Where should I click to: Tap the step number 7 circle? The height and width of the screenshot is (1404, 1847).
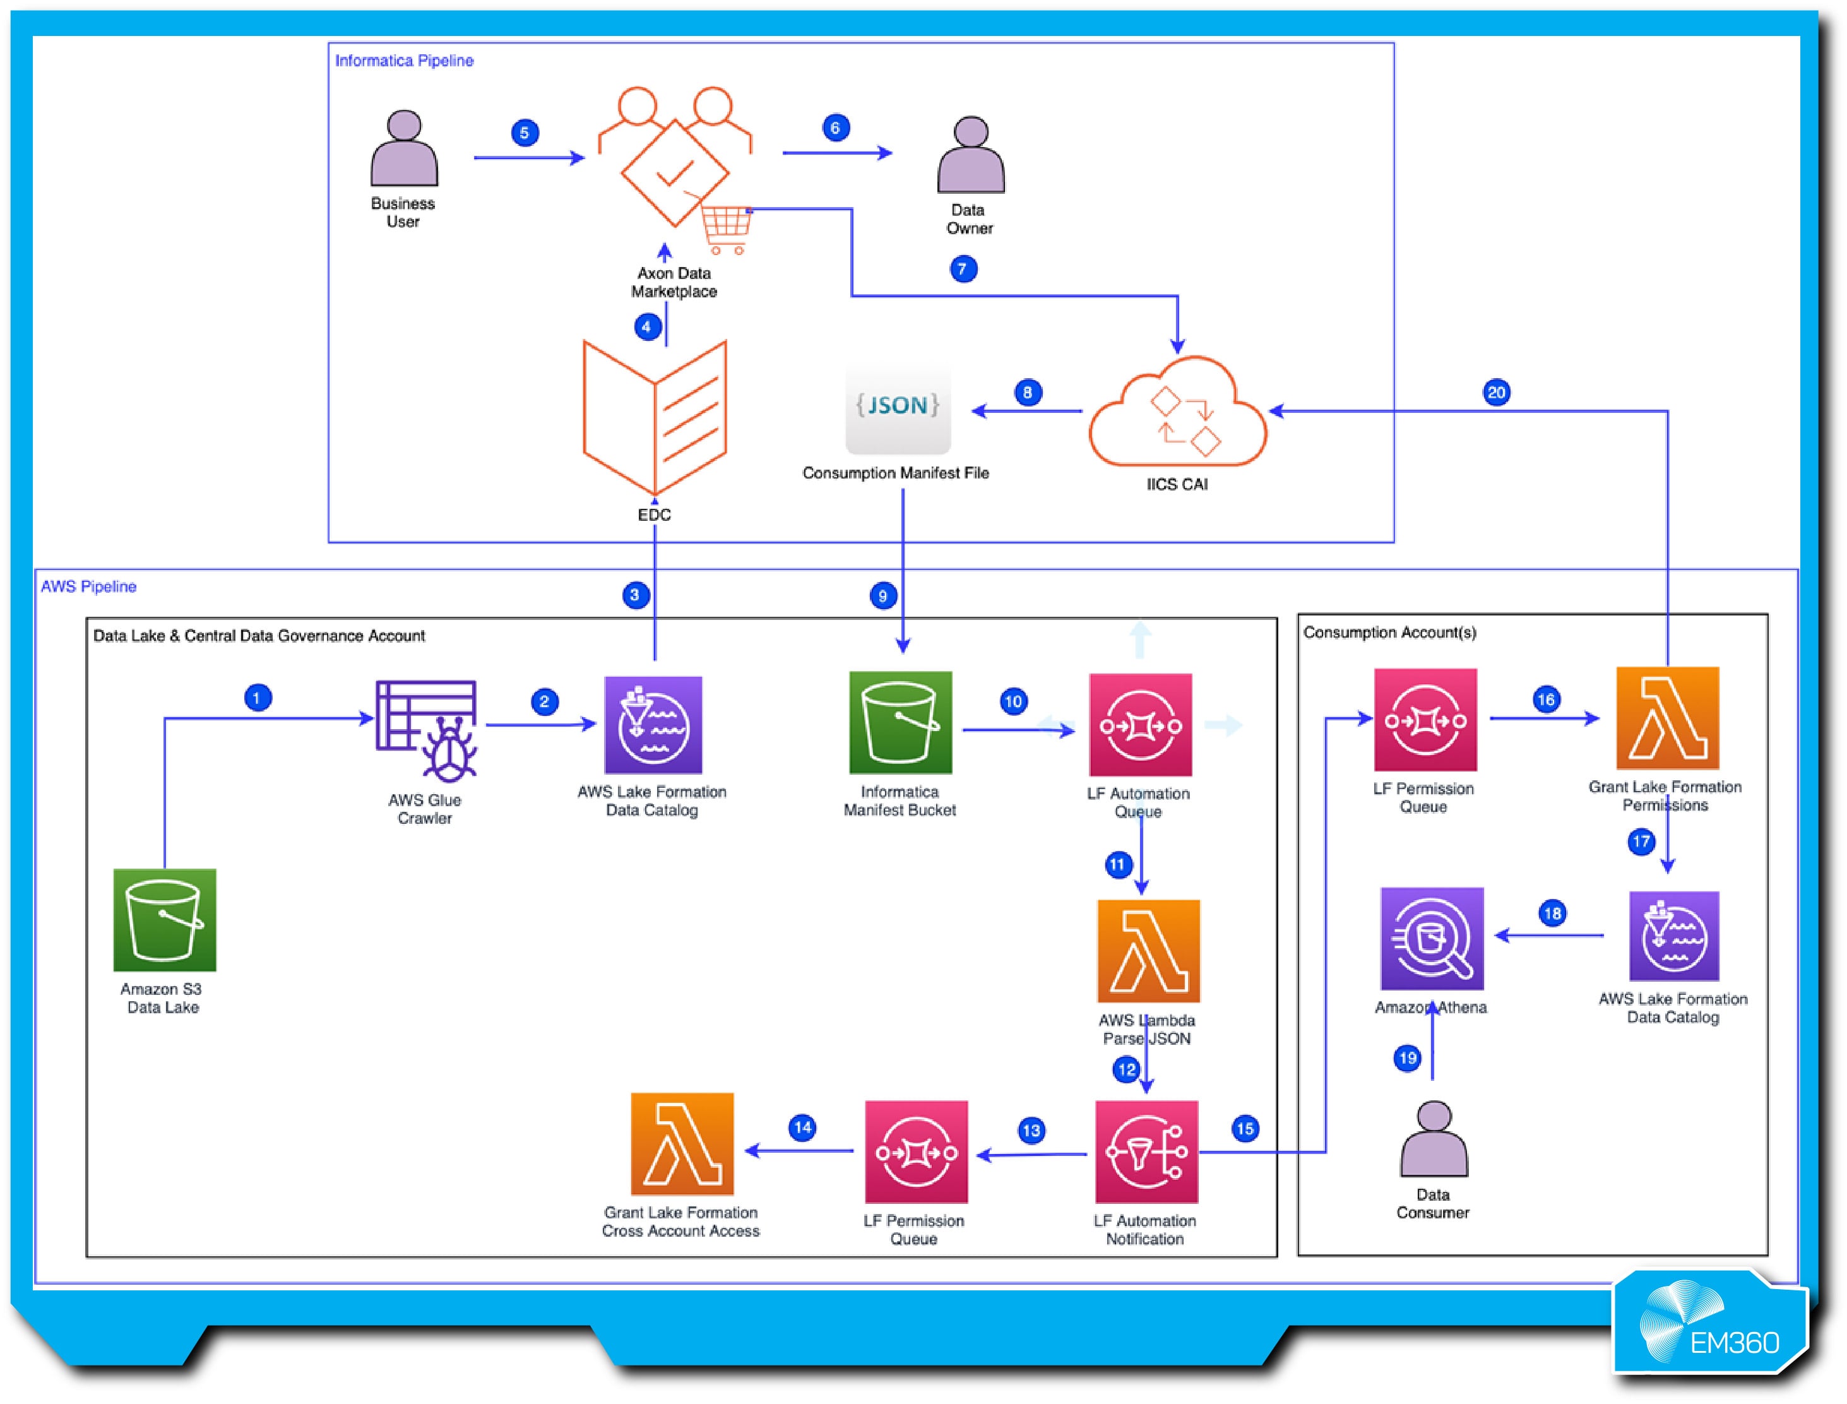pyautogui.click(x=963, y=269)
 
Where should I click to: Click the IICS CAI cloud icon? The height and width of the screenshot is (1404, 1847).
pyautogui.click(x=1177, y=413)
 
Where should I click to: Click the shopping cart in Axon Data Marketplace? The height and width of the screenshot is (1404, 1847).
pyautogui.click(x=725, y=227)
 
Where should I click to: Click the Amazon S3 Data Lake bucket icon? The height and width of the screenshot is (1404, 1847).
pyautogui.click(x=165, y=920)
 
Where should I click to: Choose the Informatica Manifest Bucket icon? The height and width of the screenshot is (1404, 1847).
pyautogui.click(x=900, y=723)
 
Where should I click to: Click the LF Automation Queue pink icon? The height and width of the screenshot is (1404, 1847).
pyautogui.click(x=1140, y=725)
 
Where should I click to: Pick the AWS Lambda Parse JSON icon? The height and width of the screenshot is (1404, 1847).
pyautogui.click(x=1148, y=951)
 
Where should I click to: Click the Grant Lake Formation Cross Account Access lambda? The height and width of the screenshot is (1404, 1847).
pyautogui.click(x=682, y=1144)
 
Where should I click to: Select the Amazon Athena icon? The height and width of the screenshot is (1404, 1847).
pyautogui.click(x=1432, y=939)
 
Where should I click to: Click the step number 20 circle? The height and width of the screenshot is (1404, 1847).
pyautogui.click(x=1496, y=393)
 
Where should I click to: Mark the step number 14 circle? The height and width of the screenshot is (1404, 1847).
pyautogui.click(x=802, y=1127)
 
